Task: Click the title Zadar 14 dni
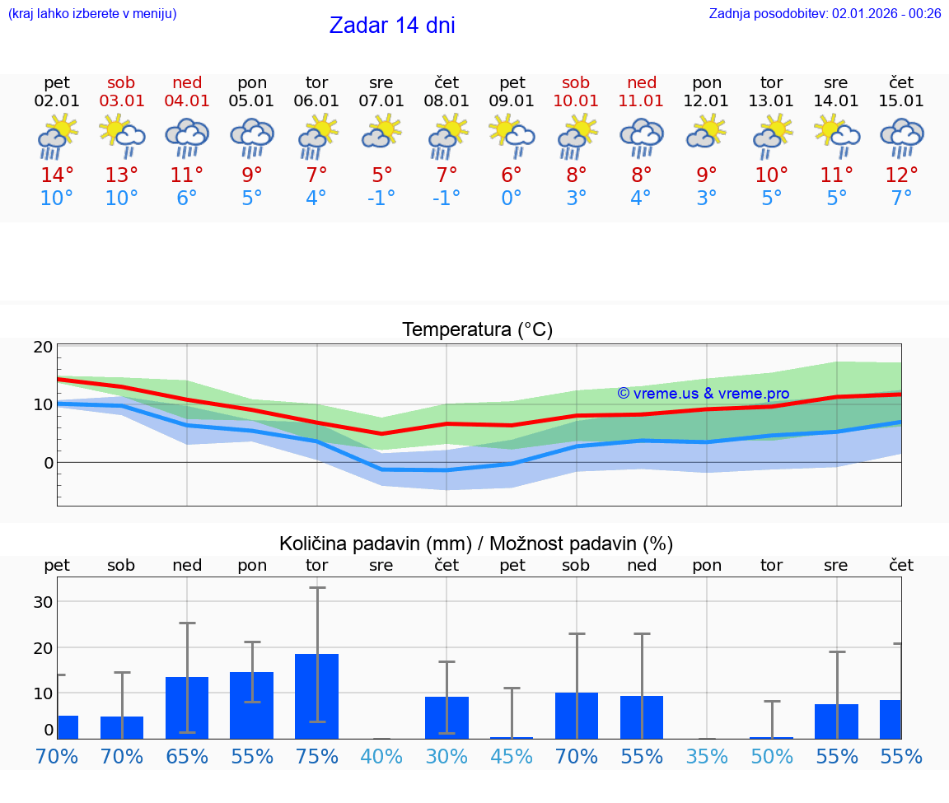pyautogui.click(x=392, y=26)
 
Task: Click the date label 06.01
pyautogui.click(x=316, y=100)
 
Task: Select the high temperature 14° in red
pyautogui.click(x=57, y=175)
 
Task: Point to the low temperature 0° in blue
pyautogui.click(x=512, y=198)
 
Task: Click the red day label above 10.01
pyautogui.click(x=576, y=82)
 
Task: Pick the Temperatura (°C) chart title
pyautogui.click(x=477, y=330)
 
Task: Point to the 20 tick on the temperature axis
pyautogui.click(x=44, y=347)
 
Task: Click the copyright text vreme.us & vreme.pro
pyautogui.click(x=704, y=394)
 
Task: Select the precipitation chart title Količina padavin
pyautogui.click(x=476, y=544)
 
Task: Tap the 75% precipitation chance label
pyautogui.click(x=317, y=757)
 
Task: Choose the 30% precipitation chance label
pyautogui.click(x=446, y=757)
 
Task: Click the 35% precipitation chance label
pyautogui.click(x=707, y=757)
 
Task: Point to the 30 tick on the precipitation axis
pyautogui.click(x=44, y=602)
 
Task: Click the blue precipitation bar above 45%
pyautogui.click(x=512, y=737)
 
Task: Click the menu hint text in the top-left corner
pyautogui.click(x=92, y=13)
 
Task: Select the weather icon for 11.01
pyautogui.click(x=642, y=135)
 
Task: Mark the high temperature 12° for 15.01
pyautogui.click(x=901, y=175)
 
